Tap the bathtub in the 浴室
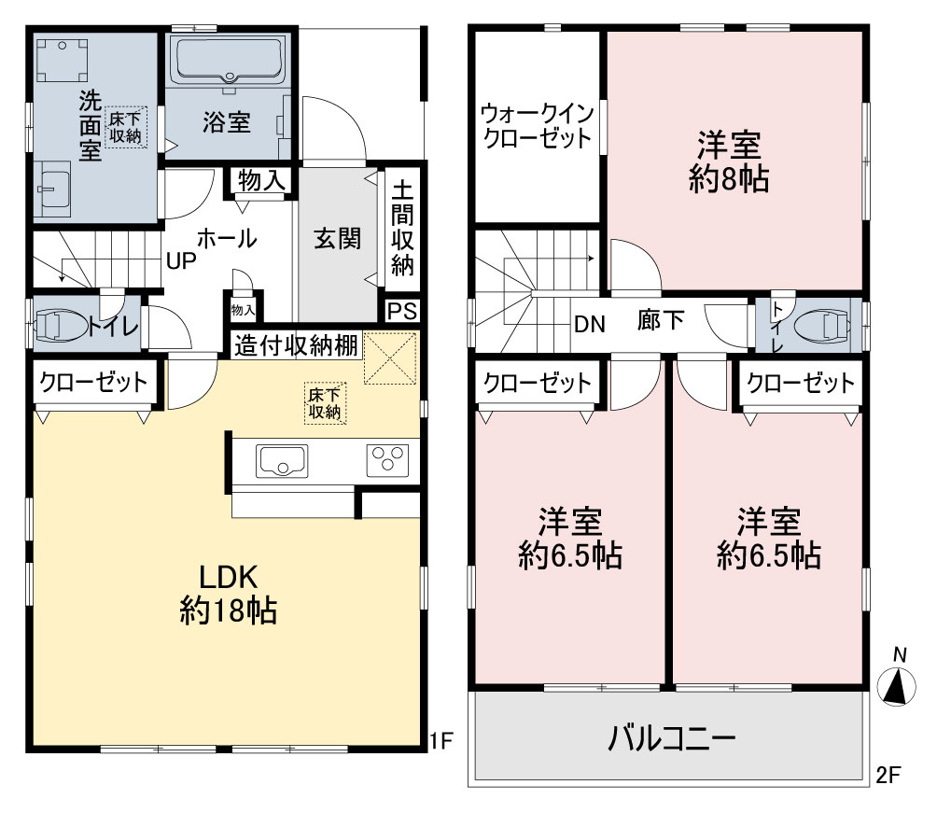pos(228,61)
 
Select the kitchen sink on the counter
pos(282,461)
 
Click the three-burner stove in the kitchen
pos(388,460)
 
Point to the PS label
pos(402,312)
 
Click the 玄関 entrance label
pos(338,239)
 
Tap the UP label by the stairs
pos(181,260)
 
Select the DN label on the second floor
pos(590,324)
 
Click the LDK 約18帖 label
pos(229,595)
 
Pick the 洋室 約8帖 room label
pos(729,161)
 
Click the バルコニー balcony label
pos(671,739)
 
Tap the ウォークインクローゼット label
pos(538,125)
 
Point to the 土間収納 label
pos(402,228)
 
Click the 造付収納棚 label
pos(296,345)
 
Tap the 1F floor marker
pos(441,741)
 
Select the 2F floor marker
pos(888,775)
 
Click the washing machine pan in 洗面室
pos(63,60)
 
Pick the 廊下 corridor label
pos(661,320)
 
